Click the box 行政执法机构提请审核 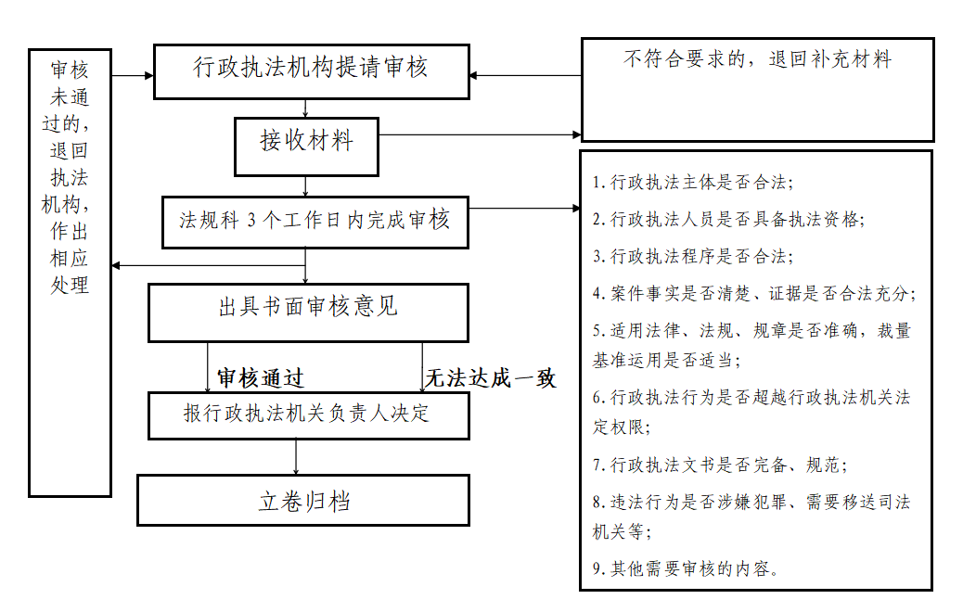point(311,70)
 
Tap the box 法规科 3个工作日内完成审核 point(314,221)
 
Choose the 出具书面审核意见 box point(308,310)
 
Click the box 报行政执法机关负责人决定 point(308,414)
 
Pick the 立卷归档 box point(303,501)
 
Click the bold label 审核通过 point(261,377)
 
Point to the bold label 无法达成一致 point(490,377)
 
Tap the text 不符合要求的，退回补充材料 point(757,60)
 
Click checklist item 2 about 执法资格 point(728,220)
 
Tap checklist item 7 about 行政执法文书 point(719,465)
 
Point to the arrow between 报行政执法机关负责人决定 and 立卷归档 point(296,456)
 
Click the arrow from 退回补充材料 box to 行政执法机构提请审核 point(525,75)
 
